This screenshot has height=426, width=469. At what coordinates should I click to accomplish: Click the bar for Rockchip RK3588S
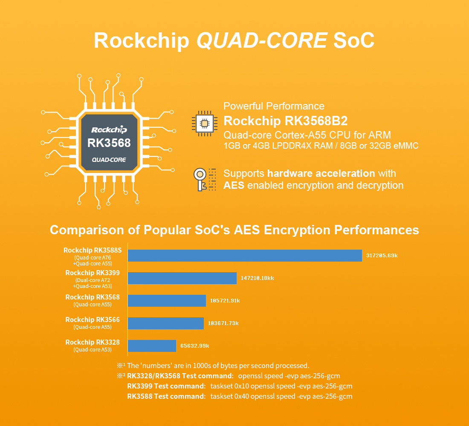pos(245,256)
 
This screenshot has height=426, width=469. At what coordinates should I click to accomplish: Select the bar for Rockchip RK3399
pos(182,278)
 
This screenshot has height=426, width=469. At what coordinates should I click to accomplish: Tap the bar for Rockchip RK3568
pos(167,301)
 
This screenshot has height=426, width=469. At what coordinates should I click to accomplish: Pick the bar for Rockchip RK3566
pos(165,323)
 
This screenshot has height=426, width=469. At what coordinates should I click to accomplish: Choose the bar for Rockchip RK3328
pos(152,345)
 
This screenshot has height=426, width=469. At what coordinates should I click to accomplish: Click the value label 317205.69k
pos(382,256)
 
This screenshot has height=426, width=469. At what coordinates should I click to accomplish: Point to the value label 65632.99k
pos(194,345)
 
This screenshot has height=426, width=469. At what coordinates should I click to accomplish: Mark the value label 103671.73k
pos(223,323)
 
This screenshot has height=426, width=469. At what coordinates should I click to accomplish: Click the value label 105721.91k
pos(225,301)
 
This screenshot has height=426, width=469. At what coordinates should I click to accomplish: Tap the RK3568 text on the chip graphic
pos(109,143)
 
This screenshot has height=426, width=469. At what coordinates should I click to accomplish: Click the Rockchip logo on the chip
pos(109,129)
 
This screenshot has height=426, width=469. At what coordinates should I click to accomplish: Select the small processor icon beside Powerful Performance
pos(204,124)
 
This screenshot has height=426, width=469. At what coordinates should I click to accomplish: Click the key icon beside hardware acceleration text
pos(201,180)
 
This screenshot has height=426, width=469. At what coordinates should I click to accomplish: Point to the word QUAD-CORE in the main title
pos(261,40)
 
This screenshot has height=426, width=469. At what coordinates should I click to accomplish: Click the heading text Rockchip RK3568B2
pos(286,121)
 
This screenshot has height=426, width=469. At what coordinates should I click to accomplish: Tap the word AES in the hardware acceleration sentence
pos(234,185)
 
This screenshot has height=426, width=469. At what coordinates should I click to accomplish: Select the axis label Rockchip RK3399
pos(93,273)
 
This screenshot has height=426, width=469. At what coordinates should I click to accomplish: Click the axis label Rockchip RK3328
pos(93,342)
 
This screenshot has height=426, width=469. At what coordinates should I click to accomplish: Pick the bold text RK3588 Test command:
pos(166,396)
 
